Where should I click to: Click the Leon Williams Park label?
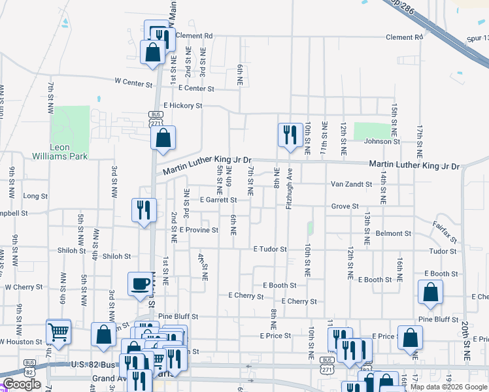[x=60, y=152]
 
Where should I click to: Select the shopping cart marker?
[x=59, y=333]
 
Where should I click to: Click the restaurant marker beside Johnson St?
[x=289, y=136]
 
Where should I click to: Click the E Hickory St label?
[x=183, y=105]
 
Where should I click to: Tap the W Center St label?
[x=133, y=82]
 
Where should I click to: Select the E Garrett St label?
[x=218, y=200]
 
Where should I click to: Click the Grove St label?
[x=345, y=206]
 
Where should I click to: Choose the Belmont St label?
[x=394, y=233]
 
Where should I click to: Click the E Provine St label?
[x=199, y=230]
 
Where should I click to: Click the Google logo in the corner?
[x=22, y=384]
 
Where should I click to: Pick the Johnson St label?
[x=382, y=141]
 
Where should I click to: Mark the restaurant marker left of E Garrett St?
[x=144, y=211]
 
